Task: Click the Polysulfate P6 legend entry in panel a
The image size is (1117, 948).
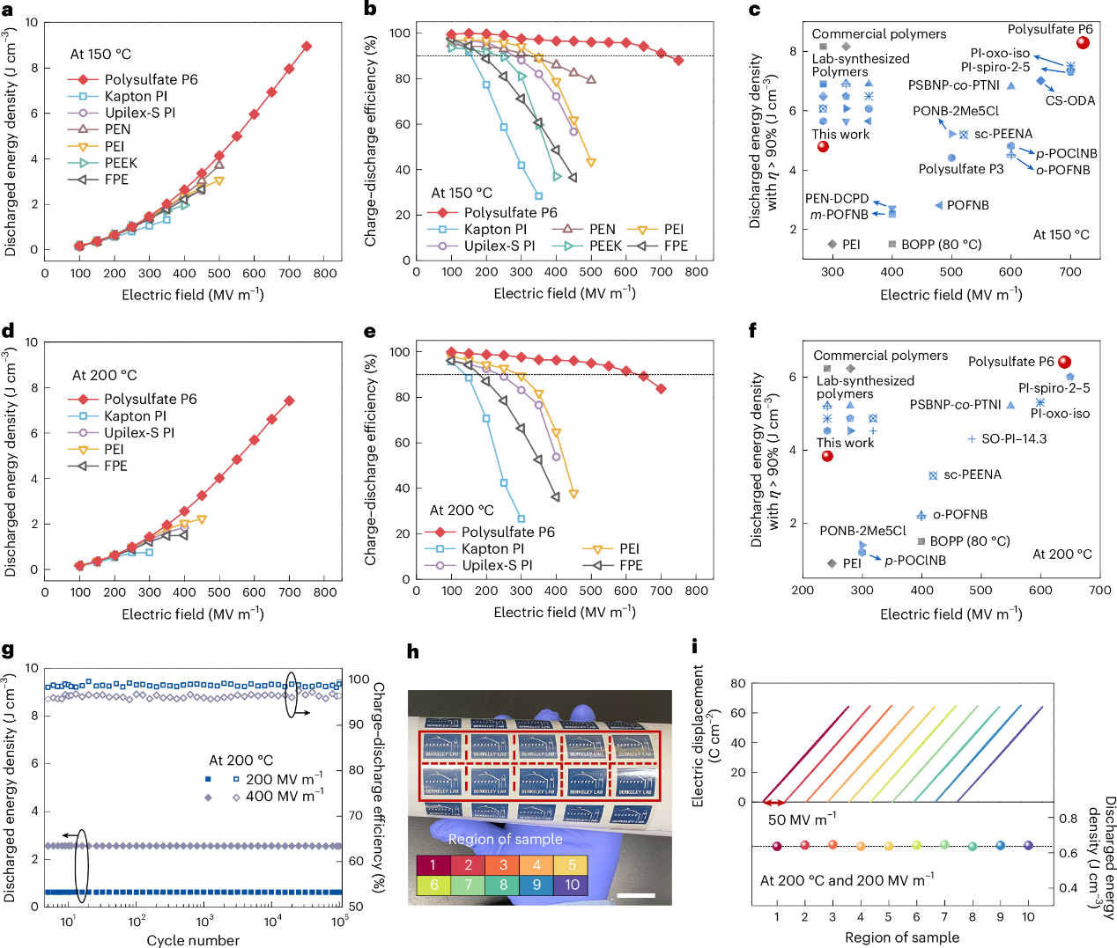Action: point(151,79)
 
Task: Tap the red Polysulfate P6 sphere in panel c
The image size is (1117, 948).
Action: point(1084,42)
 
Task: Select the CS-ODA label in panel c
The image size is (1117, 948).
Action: point(1070,100)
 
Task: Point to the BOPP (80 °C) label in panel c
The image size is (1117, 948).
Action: point(941,244)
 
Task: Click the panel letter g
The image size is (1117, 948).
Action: point(8,650)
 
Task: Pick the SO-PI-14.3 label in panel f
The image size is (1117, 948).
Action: point(1014,438)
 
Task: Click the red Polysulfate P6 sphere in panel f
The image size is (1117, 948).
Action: point(1064,362)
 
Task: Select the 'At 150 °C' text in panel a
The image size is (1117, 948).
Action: point(100,54)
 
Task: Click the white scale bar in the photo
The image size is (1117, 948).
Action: point(643,896)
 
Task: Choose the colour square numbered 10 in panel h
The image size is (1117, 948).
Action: point(572,885)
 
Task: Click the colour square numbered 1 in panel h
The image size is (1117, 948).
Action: point(433,864)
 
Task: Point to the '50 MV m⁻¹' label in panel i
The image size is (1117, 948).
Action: point(802,819)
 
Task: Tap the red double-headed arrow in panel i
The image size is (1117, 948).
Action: point(774,803)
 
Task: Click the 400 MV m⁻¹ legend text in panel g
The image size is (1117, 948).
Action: point(284,796)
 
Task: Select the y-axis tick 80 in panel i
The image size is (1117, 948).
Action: point(737,683)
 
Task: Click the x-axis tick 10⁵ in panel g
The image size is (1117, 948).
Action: point(340,921)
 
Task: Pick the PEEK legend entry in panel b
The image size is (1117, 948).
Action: point(605,246)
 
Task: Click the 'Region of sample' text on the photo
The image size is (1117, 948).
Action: point(505,839)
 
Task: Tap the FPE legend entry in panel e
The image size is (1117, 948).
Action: point(631,565)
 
